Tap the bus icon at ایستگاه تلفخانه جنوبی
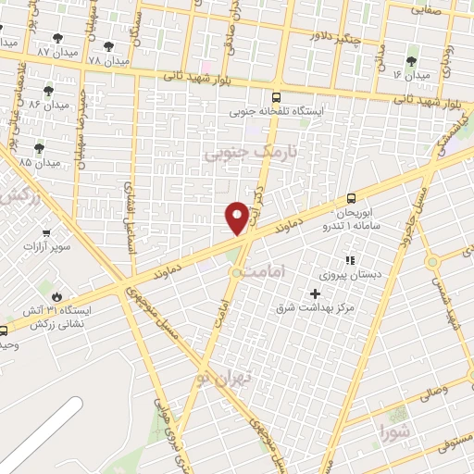(275, 97)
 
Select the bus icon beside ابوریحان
(350, 198)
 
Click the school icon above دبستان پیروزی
(349, 261)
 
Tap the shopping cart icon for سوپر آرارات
(45, 232)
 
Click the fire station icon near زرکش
(56, 296)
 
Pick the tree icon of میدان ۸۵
(39, 147)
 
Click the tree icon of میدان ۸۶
(47, 91)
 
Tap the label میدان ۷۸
(105, 60)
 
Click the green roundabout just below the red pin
(237, 272)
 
